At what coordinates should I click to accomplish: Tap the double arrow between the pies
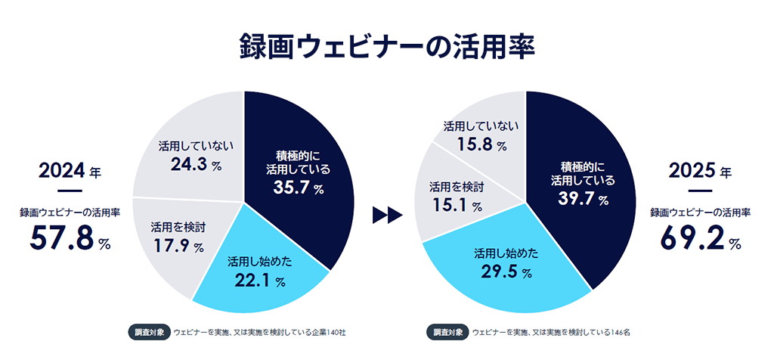click(x=386, y=216)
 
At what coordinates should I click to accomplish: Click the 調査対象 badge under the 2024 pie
click(x=147, y=331)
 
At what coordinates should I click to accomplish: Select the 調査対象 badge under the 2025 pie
click(x=446, y=331)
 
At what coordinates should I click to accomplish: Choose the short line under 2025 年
click(x=700, y=191)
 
